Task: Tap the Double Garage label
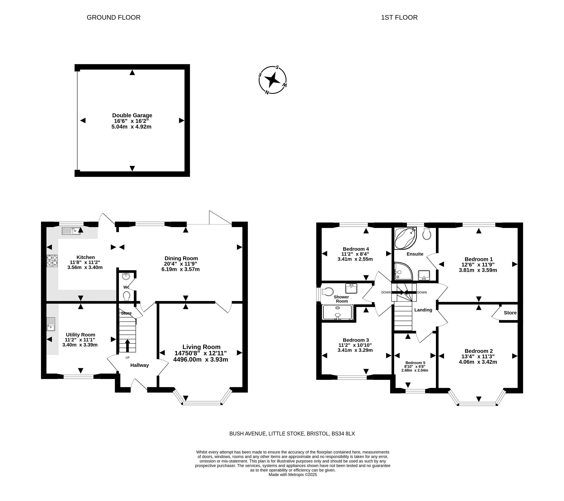click(x=132, y=115)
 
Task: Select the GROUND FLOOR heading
click(x=113, y=17)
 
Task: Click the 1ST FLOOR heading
click(x=399, y=17)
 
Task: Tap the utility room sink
click(x=51, y=324)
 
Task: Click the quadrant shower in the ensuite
click(x=403, y=271)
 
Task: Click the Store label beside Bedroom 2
click(x=510, y=313)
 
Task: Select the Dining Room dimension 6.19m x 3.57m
click(x=181, y=269)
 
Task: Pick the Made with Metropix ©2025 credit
click(x=293, y=475)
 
